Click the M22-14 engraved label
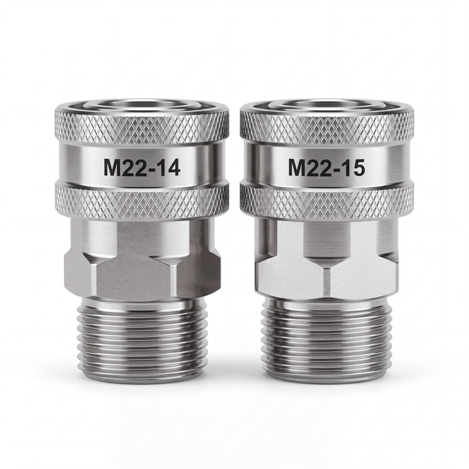click(142, 167)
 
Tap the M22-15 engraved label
click(326, 167)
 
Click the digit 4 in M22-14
click(173, 167)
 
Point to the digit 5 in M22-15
click(358, 167)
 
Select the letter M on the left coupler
click(111, 167)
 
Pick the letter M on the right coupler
click(296, 167)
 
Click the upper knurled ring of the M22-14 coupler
click(142, 126)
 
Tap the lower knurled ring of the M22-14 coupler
click(142, 200)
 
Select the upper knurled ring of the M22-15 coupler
click(327, 126)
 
